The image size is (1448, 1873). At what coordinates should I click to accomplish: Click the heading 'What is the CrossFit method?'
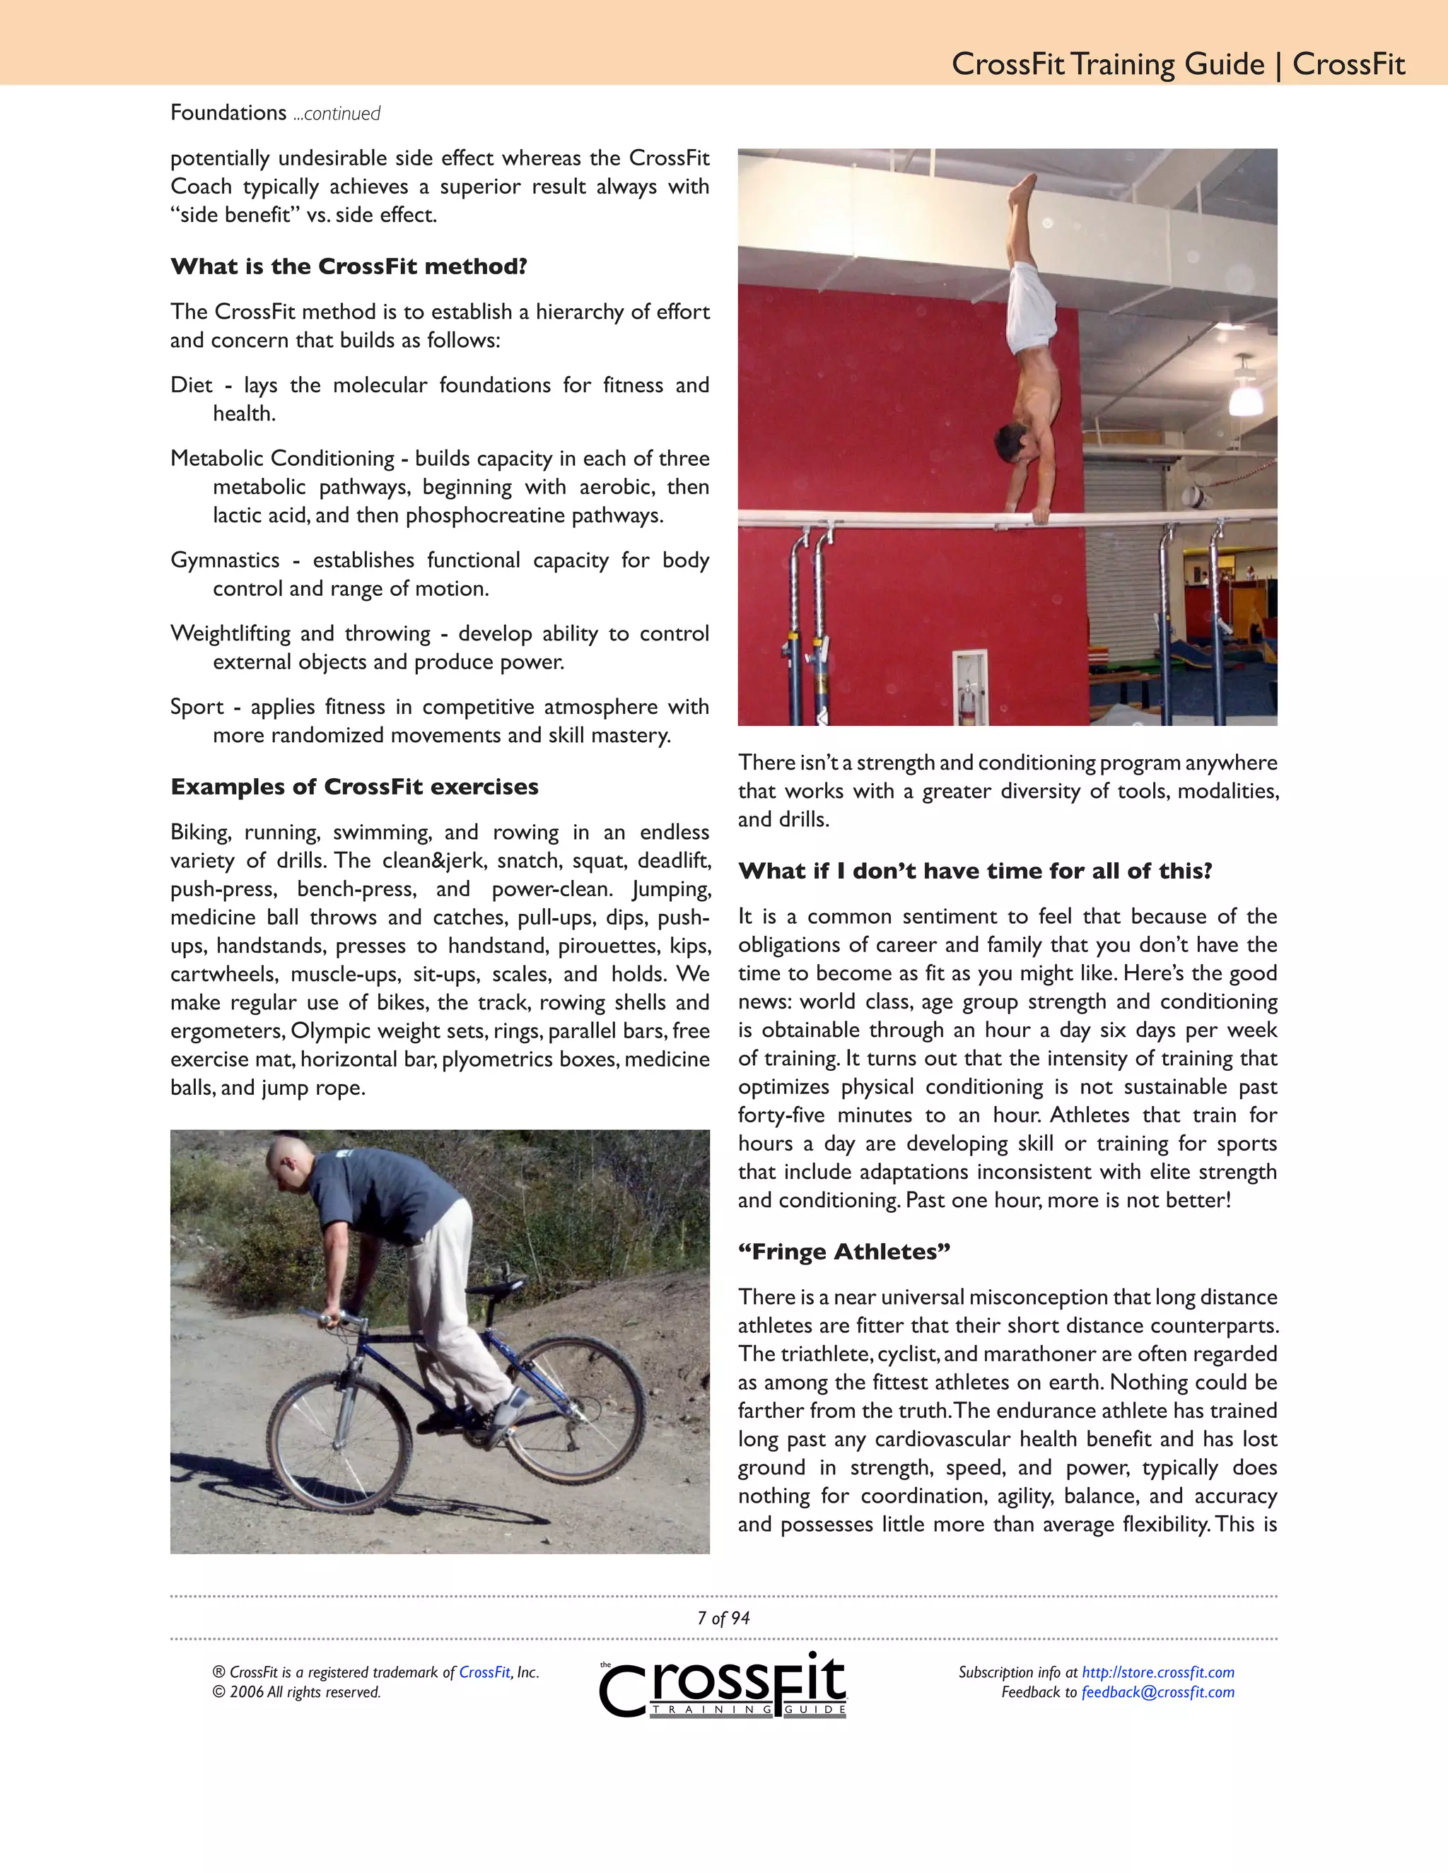point(349,266)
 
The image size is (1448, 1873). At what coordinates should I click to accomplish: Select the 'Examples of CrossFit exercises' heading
point(354,787)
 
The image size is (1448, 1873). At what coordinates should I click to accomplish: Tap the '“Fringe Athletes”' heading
point(844,1252)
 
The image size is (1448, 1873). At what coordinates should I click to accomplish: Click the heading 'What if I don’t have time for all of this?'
point(975,871)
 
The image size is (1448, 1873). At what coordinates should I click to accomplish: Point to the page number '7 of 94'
point(723,1619)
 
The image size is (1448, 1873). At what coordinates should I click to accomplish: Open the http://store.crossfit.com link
point(1158,1672)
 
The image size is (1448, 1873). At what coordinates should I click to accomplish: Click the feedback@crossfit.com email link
point(1158,1692)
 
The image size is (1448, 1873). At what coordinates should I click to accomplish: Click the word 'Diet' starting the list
point(190,385)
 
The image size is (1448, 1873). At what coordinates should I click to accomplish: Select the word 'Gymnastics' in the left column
point(225,560)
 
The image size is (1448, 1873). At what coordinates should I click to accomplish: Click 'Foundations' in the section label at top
point(228,112)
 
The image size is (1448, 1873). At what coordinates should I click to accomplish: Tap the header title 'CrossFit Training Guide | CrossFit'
point(1178,64)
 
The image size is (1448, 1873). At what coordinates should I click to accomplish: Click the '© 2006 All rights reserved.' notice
point(297,1692)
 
